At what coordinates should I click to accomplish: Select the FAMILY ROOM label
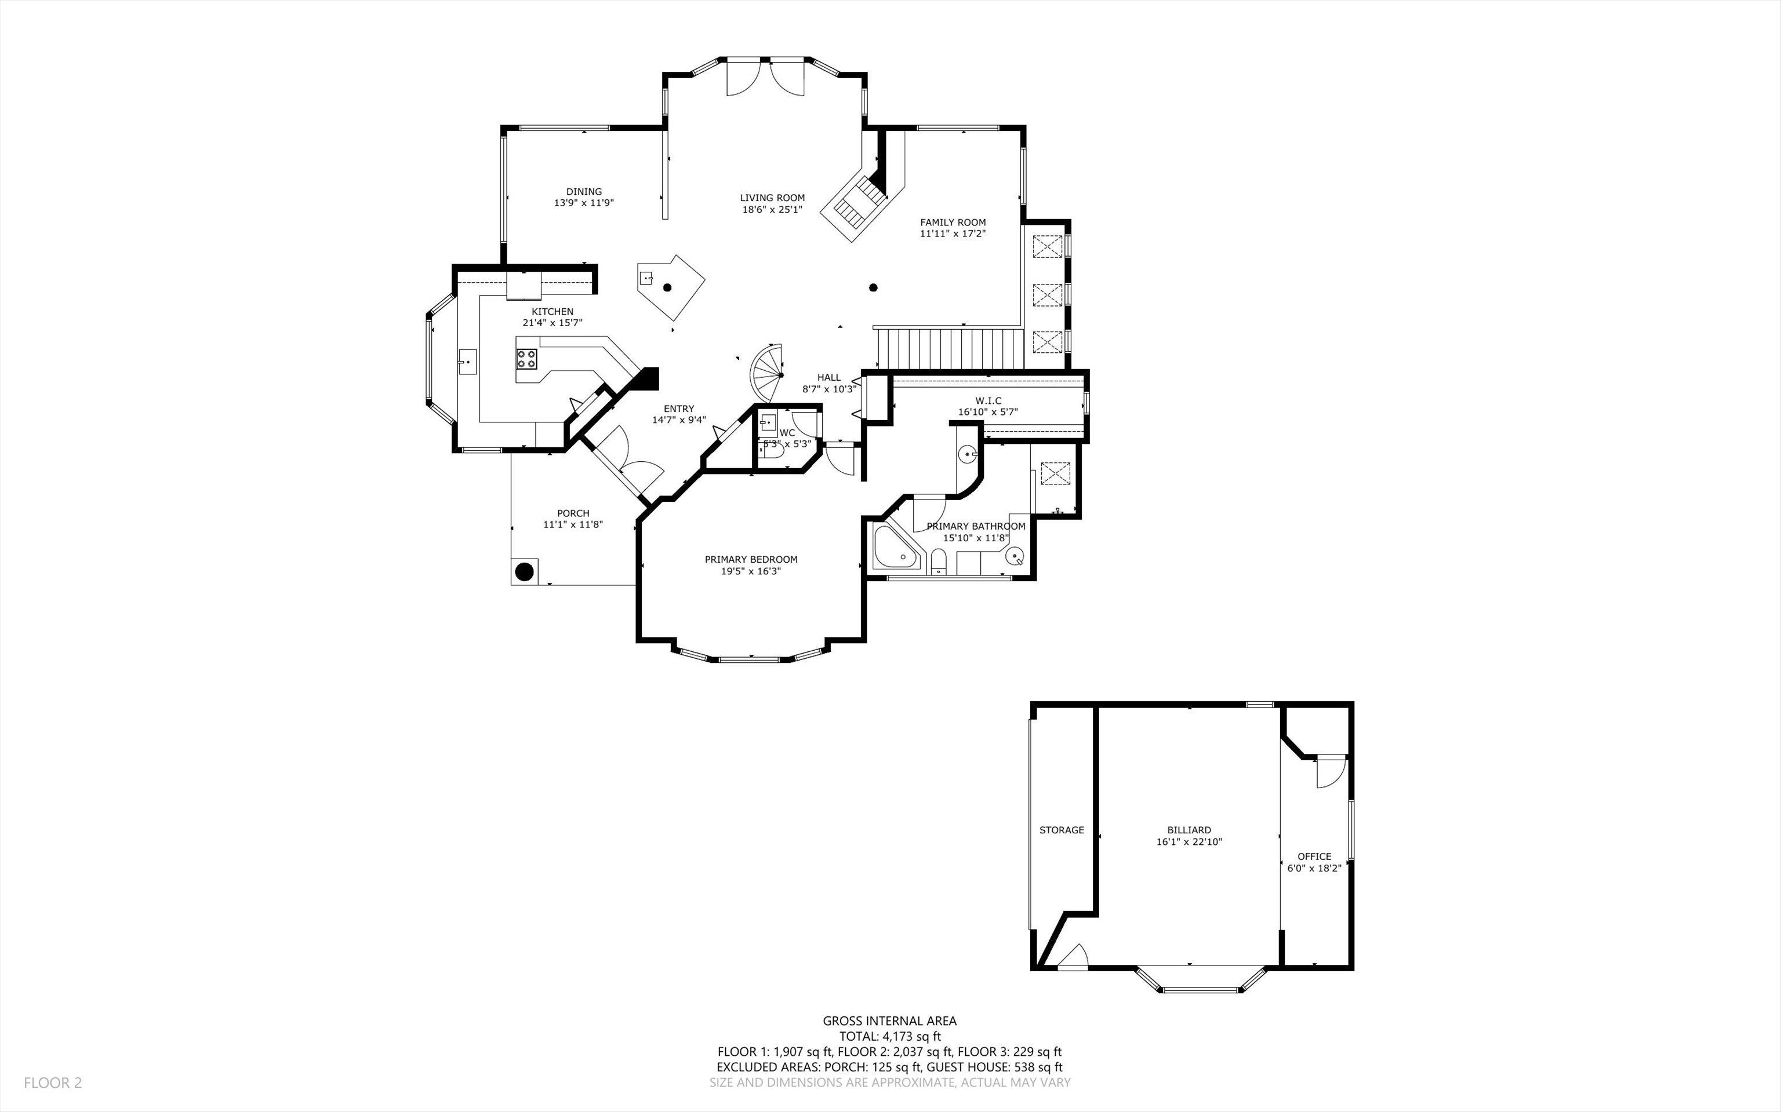click(953, 222)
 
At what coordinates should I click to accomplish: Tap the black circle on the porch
click(524, 571)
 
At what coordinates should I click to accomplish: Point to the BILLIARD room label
click(1189, 830)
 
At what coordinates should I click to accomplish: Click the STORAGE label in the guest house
click(1061, 830)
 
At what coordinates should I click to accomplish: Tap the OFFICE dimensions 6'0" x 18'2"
click(1314, 868)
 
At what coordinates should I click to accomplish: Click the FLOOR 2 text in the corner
click(53, 1082)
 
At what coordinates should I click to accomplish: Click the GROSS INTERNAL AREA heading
click(889, 1021)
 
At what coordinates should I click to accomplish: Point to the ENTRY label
click(678, 409)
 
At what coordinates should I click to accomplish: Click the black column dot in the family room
click(873, 287)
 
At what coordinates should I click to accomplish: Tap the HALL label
click(828, 377)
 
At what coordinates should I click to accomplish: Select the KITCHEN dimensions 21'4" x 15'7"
click(553, 323)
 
